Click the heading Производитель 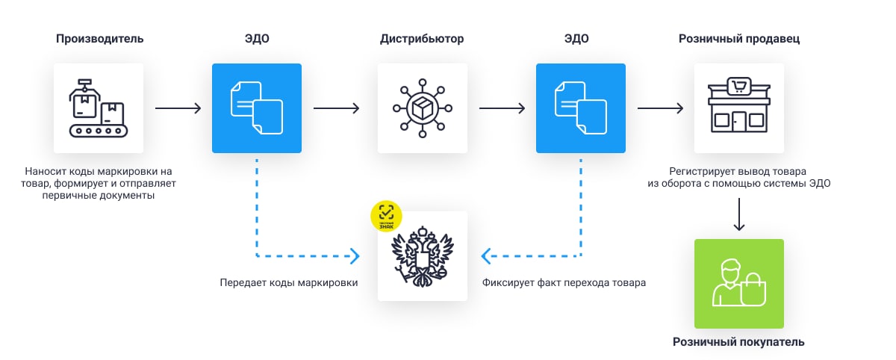tap(99, 39)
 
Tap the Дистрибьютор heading tap(422, 39)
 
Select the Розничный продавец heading tap(739, 39)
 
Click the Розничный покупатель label tap(738, 342)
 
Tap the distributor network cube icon tap(422, 108)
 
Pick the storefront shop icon tap(738, 108)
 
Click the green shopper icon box tap(738, 284)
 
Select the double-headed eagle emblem tap(422, 258)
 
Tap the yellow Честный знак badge tap(386, 216)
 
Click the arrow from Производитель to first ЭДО tap(178, 108)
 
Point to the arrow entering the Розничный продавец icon tap(660, 108)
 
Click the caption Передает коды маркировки tap(288, 283)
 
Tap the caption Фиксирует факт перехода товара tap(564, 283)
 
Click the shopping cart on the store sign tap(739, 86)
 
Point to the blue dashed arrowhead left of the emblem tap(354, 256)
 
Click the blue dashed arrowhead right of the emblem tap(487, 256)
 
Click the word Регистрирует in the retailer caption tap(691, 170)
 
